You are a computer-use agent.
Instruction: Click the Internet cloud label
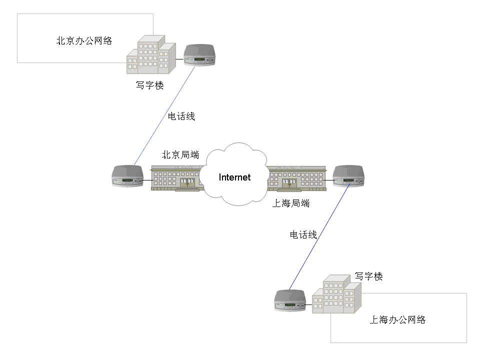point(234,177)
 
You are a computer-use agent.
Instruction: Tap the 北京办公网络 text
point(84,41)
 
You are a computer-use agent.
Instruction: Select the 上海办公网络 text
point(397,320)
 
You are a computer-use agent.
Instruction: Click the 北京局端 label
point(180,155)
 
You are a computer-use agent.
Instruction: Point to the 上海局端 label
point(291,203)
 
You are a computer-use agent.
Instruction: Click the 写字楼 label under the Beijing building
point(149,85)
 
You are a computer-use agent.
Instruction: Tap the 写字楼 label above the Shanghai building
point(368,276)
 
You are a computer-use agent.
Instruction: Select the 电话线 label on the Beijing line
point(181,116)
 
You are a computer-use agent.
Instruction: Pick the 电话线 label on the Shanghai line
point(303,234)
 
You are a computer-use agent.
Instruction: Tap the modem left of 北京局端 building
point(127,176)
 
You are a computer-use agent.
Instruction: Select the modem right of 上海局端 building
point(348,175)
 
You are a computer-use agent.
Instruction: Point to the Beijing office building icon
point(151,55)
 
